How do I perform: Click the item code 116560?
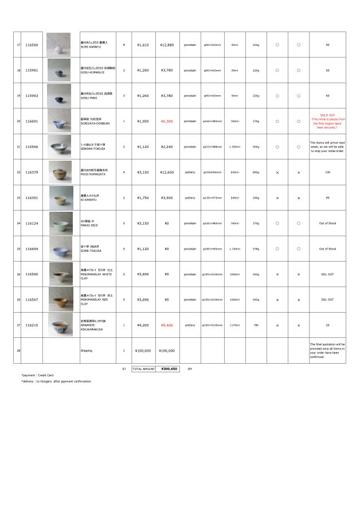click(x=32, y=45)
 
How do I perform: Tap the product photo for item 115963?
click(x=58, y=96)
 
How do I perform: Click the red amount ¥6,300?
click(x=166, y=121)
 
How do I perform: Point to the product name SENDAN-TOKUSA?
click(x=93, y=148)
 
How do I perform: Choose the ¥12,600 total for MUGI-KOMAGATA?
click(x=166, y=172)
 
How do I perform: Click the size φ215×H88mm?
click(x=212, y=147)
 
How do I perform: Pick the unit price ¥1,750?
click(x=143, y=198)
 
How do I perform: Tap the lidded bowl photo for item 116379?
click(x=58, y=172)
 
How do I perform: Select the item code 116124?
click(x=32, y=223)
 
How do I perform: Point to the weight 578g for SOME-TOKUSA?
click(x=256, y=249)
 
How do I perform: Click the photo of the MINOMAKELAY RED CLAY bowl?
click(x=60, y=299)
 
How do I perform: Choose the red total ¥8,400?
click(x=166, y=325)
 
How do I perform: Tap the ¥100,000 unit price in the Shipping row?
click(x=143, y=351)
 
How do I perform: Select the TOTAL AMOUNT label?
click(x=143, y=369)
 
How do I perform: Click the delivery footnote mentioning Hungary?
click(x=56, y=381)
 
